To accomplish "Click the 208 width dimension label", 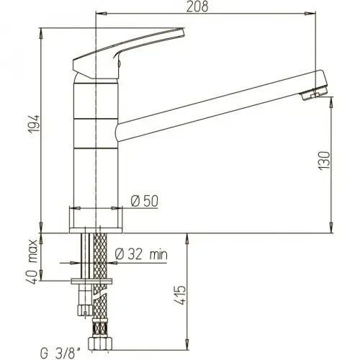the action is [x=197, y=6].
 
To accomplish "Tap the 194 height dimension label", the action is [x=34, y=124].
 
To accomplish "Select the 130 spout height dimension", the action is [x=324, y=161].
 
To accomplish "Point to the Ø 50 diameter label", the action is [x=145, y=201].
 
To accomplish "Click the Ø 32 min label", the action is [x=141, y=254].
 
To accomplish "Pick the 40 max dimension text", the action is [x=32, y=261].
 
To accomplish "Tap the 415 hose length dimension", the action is [x=180, y=295].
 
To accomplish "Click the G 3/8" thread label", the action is [x=60, y=354].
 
